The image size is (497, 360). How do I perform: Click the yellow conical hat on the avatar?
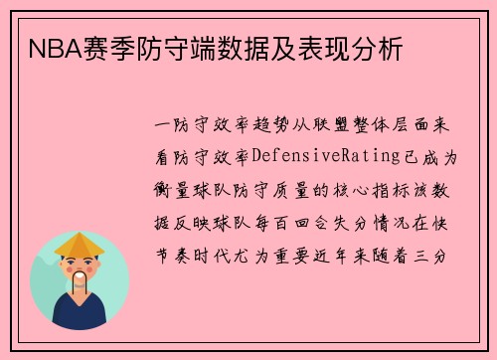pyautogui.click(x=80, y=244)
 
